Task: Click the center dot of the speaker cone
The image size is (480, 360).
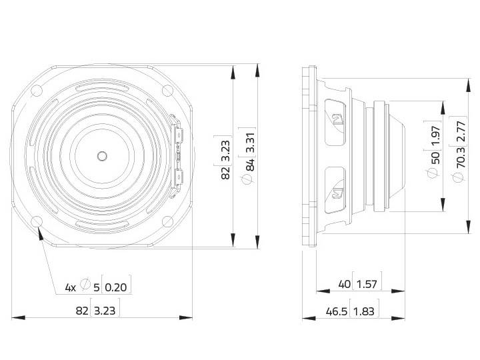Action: tap(101, 156)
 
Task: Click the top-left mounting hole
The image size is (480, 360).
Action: tap(37, 91)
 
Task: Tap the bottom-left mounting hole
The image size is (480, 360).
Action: tap(37, 221)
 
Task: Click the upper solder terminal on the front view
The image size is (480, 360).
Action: tap(178, 135)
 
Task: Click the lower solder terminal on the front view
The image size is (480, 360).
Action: tap(178, 177)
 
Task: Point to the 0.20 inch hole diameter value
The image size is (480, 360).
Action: tap(117, 288)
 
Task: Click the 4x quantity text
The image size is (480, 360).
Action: tap(70, 288)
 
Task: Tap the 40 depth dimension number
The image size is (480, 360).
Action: tap(344, 285)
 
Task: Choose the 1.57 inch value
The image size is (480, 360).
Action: tap(366, 285)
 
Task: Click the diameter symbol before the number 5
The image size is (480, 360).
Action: tap(85, 285)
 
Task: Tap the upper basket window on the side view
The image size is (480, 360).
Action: tap(335, 121)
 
